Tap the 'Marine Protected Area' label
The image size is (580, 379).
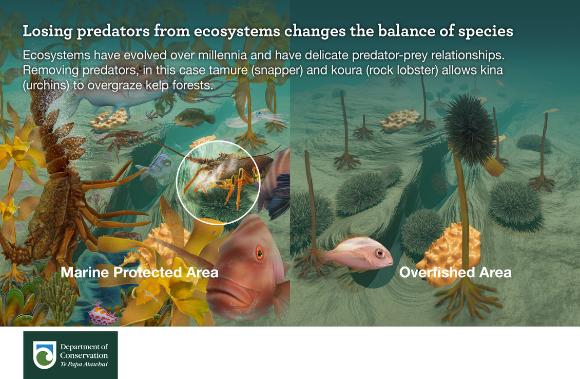(140, 273)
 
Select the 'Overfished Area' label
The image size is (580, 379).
(455, 273)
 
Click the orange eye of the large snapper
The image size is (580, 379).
(259, 253)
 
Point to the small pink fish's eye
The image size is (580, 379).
(380, 254)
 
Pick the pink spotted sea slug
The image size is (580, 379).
(103, 315)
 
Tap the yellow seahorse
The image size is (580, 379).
(132, 260)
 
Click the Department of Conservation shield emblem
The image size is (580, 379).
(44, 354)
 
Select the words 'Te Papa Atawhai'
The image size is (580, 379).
(84, 364)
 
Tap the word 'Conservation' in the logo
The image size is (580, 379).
(84, 356)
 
